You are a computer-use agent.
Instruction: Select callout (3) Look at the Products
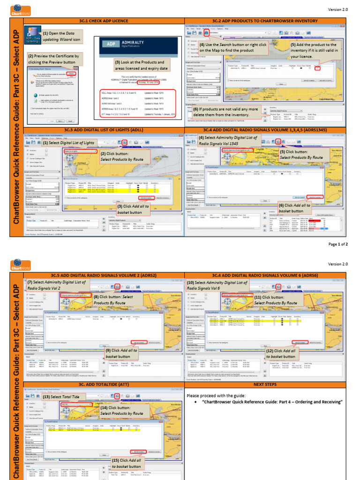139,66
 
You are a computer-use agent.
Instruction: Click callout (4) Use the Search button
232,47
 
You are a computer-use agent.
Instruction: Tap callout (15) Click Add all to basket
126,463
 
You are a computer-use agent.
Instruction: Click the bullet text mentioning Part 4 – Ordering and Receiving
272,402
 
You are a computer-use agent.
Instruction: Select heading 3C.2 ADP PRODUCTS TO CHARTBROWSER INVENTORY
265,21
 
